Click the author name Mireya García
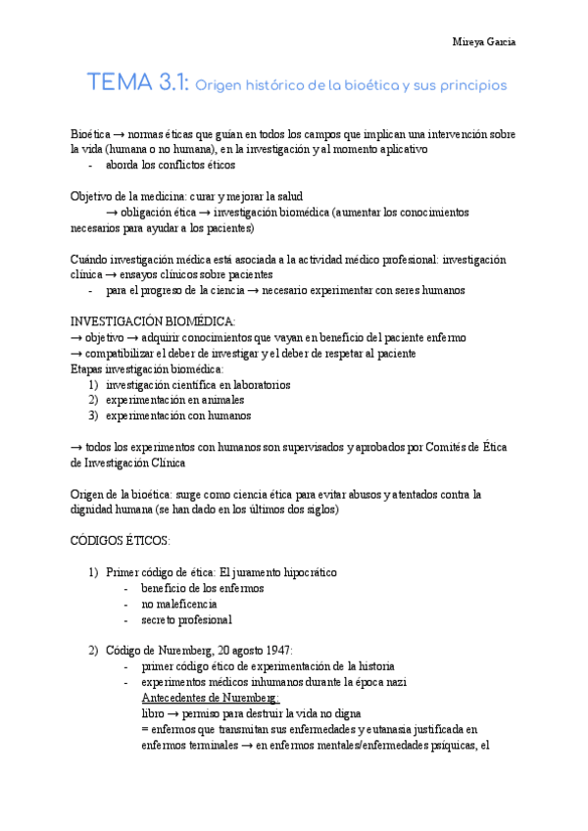[x=484, y=43]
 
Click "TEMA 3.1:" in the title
[x=139, y=84]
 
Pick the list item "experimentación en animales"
[x=175, y=400]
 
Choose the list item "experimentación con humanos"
[x=178, y=415]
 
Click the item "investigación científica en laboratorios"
[x=198, y=384]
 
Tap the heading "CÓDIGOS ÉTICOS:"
[x=121, y=541]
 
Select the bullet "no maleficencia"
[x=178, y=604]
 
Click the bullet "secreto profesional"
[x=186, y=619]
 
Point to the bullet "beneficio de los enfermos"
[x=202, y=588]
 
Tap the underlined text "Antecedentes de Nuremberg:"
[x=211, y=698]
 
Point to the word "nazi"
[x=397, y=682]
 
